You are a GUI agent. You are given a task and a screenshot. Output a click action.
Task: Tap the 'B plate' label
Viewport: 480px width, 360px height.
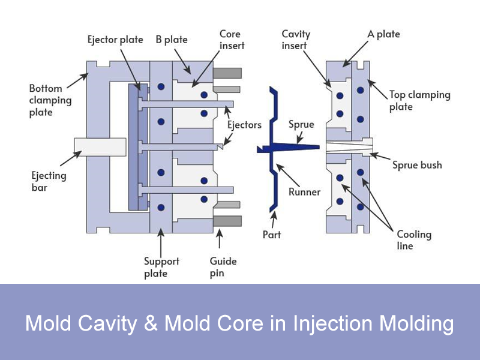[172, 40]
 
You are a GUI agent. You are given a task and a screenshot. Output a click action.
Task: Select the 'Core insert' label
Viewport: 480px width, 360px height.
[231, 40]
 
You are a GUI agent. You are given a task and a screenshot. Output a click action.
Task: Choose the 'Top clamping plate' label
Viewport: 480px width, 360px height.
[419, 100]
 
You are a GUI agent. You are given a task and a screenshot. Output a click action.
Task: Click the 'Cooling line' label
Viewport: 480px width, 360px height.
[413, 240]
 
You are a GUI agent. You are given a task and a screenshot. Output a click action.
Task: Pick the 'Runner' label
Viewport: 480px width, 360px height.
[304, 192]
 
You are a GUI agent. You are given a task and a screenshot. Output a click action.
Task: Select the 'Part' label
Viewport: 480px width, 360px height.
[272, 234]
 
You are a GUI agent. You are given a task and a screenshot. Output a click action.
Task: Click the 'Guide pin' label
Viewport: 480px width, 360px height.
[223, 267]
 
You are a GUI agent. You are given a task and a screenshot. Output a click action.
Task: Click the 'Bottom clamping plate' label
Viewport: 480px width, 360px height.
[49, 100]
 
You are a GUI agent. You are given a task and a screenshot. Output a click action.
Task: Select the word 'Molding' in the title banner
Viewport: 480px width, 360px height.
[413, 324]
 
